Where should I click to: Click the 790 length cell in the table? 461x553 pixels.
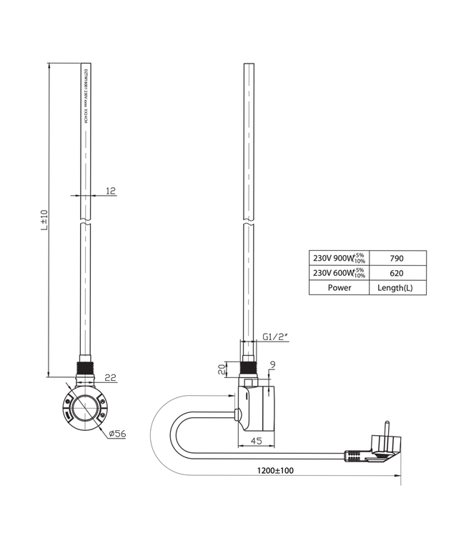tap(397, 258)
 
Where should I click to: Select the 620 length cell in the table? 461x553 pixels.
tap(397, 273)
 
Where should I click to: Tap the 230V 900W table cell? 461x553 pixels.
tap(338, 258)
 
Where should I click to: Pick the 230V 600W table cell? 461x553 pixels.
tap(338, 273)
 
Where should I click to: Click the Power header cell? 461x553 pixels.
tap(338, 288)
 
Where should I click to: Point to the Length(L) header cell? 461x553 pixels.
tap(397, 288)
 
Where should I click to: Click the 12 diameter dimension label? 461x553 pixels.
tap(109, 190)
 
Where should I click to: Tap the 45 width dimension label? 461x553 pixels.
tap(254, 441)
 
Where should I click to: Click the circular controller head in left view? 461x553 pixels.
tap(85, 409)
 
